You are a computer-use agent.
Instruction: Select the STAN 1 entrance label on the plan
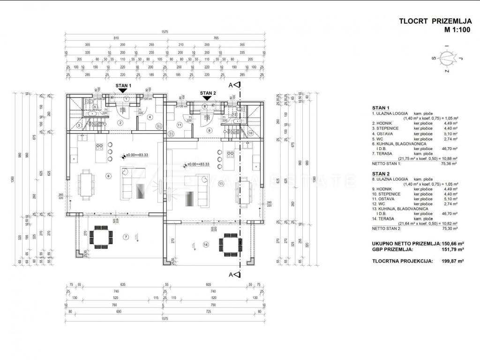(x=123, y=86)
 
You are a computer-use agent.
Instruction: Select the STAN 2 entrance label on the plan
(x=208, y=93)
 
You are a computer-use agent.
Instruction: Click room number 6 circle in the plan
(x=108, y=176)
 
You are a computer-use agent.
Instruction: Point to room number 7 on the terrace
(x=126, y=236)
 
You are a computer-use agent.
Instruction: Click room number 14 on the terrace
(x=205, y=245)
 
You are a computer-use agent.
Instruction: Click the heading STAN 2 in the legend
(x=380, y=173)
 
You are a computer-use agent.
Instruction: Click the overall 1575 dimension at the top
(x=165, y=32)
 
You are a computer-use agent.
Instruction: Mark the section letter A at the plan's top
(x=231, y=85)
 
